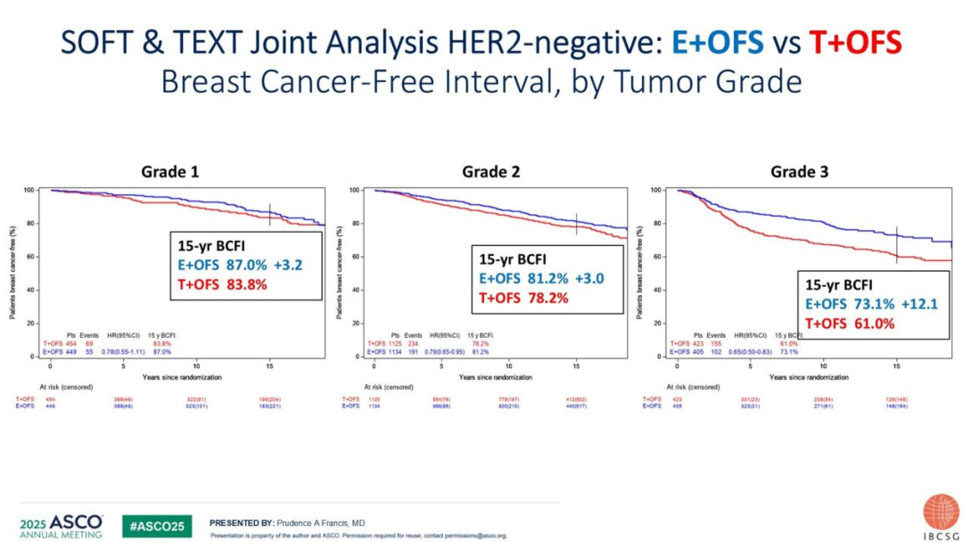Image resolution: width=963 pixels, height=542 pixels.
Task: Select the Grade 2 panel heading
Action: coord(491,171)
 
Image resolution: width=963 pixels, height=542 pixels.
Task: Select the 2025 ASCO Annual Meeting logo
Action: coord(61,526)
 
